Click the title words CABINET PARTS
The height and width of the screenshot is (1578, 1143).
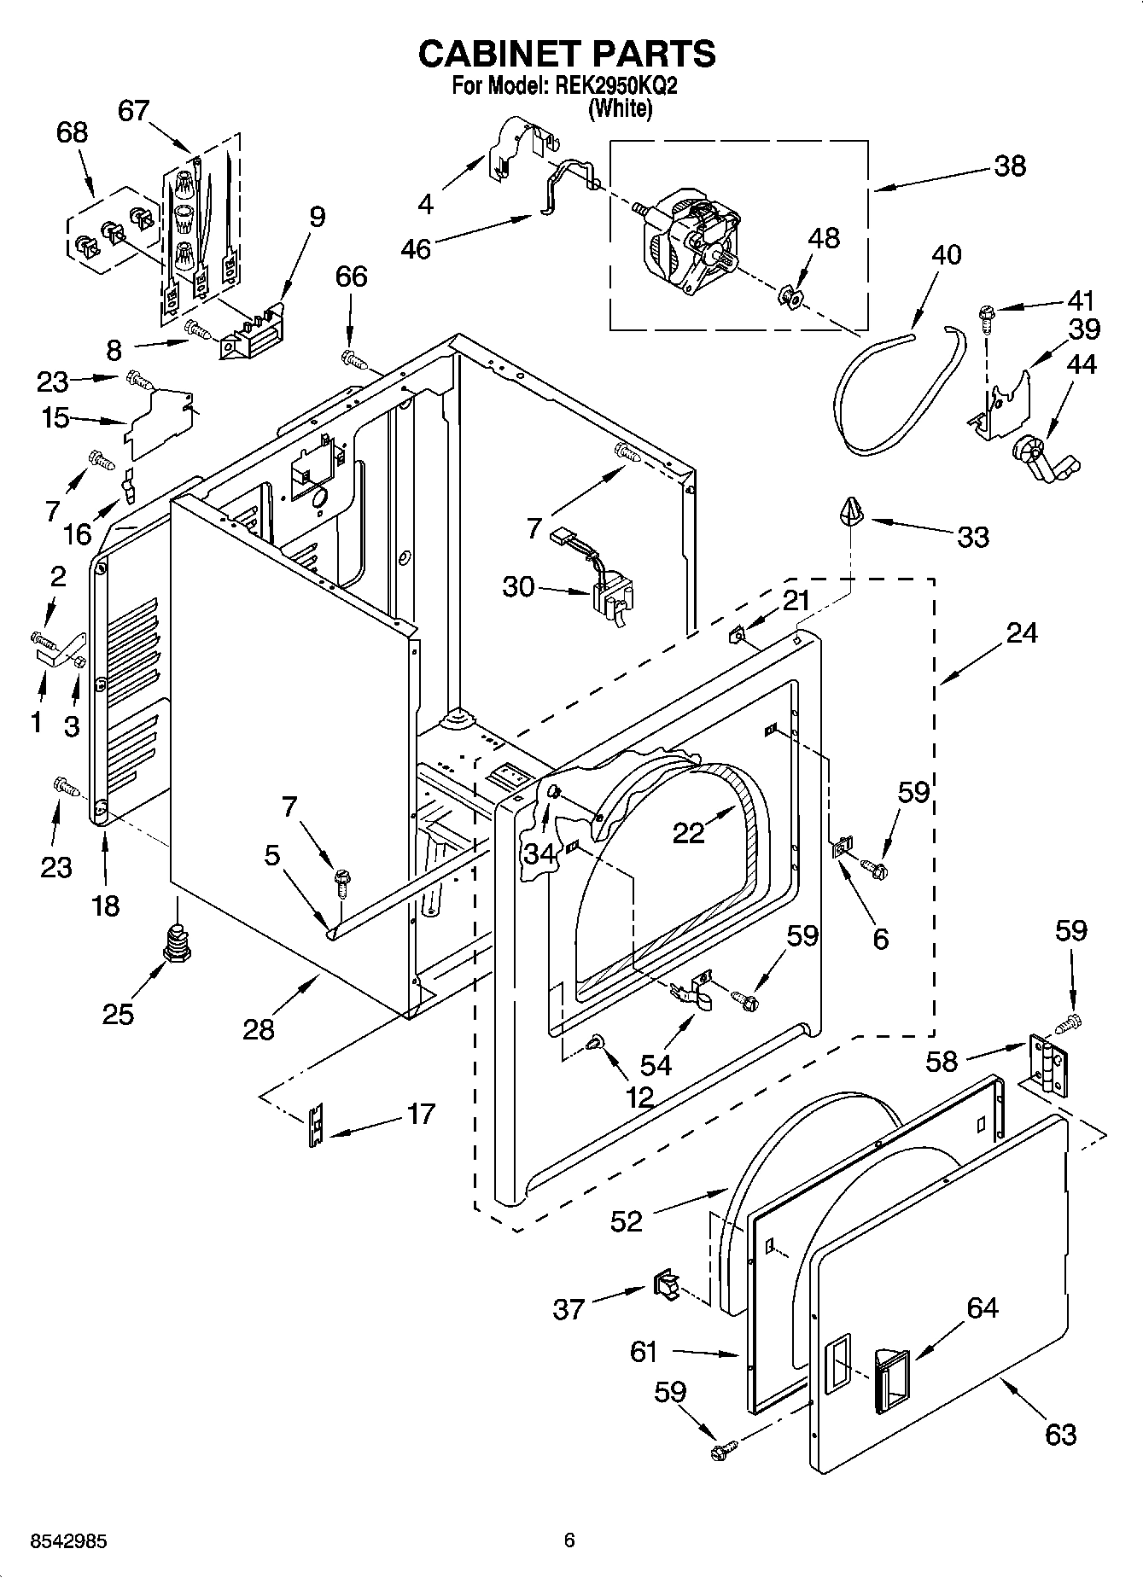coord(567,54)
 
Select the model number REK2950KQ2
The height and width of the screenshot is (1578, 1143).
coord(610,86)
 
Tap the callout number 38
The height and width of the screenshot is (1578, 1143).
coord(1010,166)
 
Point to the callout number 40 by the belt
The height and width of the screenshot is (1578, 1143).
coord(946,254)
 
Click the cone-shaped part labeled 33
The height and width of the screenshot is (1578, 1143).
coord(852,512)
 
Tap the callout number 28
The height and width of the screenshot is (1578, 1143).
coord(259,1030)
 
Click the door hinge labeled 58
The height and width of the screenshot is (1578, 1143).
coord(1047,1064)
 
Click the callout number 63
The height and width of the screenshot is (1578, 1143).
coord(1060,1435)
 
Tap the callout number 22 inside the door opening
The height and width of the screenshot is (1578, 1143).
coord(688,832)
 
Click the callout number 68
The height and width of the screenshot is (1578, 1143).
coord(73,132)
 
